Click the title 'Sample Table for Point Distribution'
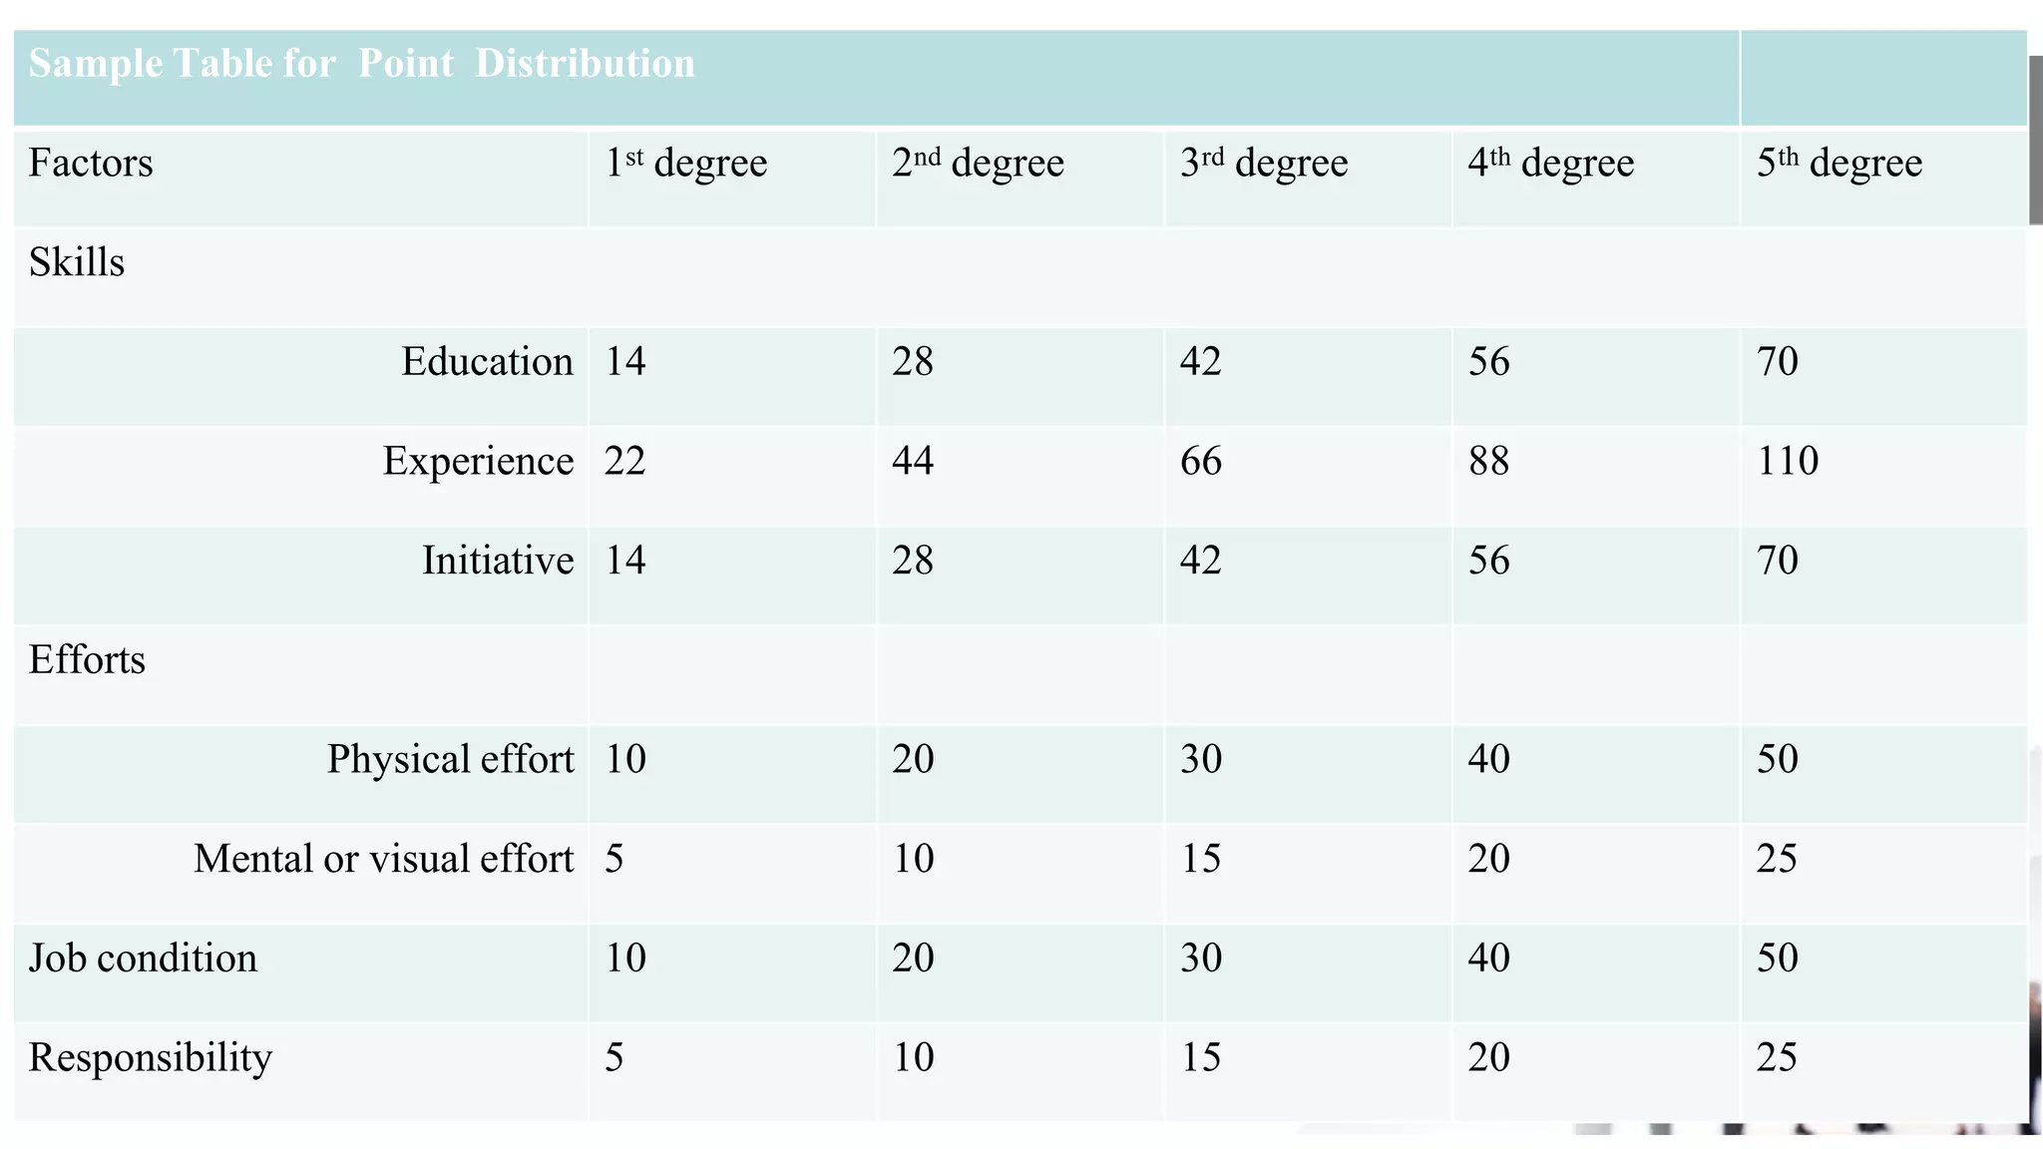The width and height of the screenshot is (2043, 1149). [361, 64]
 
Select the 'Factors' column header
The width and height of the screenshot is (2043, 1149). [91, 164]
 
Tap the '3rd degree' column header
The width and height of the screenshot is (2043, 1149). [1264, 164]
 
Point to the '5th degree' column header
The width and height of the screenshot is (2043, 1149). [1839, 164]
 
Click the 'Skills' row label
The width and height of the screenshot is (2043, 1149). [77, 263]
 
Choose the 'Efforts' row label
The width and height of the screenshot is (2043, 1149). [87, 660]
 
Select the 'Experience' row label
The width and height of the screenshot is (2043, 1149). [478, 462]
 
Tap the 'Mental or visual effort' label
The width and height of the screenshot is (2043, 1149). [384, 859]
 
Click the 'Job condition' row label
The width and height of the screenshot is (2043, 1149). [143, 958]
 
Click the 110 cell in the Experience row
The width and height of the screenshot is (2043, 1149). [1788, 462]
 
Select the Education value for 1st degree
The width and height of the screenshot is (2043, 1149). [625, 362]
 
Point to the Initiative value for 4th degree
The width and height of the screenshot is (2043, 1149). [1488, 561]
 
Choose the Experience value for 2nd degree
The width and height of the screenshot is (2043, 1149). [913, 462]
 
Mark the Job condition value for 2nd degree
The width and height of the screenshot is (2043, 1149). [913, 958]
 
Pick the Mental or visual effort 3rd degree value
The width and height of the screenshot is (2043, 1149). [1201, 859]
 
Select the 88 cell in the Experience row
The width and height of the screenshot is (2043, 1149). [1488, 462]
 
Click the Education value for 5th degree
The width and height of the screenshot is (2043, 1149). [1777, 362]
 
